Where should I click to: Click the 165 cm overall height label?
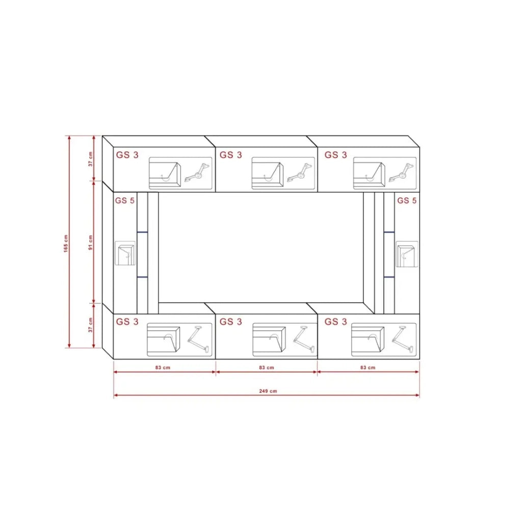[66, 243]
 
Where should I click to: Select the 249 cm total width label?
[268, 391]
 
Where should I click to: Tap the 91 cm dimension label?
[91, 243]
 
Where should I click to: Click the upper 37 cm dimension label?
[91, 159]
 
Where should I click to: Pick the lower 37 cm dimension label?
[91, 325]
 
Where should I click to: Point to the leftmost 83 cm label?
[163, 368]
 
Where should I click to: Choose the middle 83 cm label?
[267, 368]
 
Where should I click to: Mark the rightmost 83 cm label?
[368, 368]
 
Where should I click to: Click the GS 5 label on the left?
[125, 200]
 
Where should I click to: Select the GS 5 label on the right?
[407, 200]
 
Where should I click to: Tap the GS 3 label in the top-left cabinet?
[127, 155]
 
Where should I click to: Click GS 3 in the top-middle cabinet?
[231, 155]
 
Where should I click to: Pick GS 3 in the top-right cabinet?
[335, 155]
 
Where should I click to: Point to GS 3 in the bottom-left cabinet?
[127, 322]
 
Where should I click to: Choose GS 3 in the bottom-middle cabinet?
[231, 322]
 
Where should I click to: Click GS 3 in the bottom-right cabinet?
[335, 322]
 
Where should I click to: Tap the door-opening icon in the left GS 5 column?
[125, 253]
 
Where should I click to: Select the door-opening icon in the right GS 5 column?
[407, 254]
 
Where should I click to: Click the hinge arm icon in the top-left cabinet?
[197, 173]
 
